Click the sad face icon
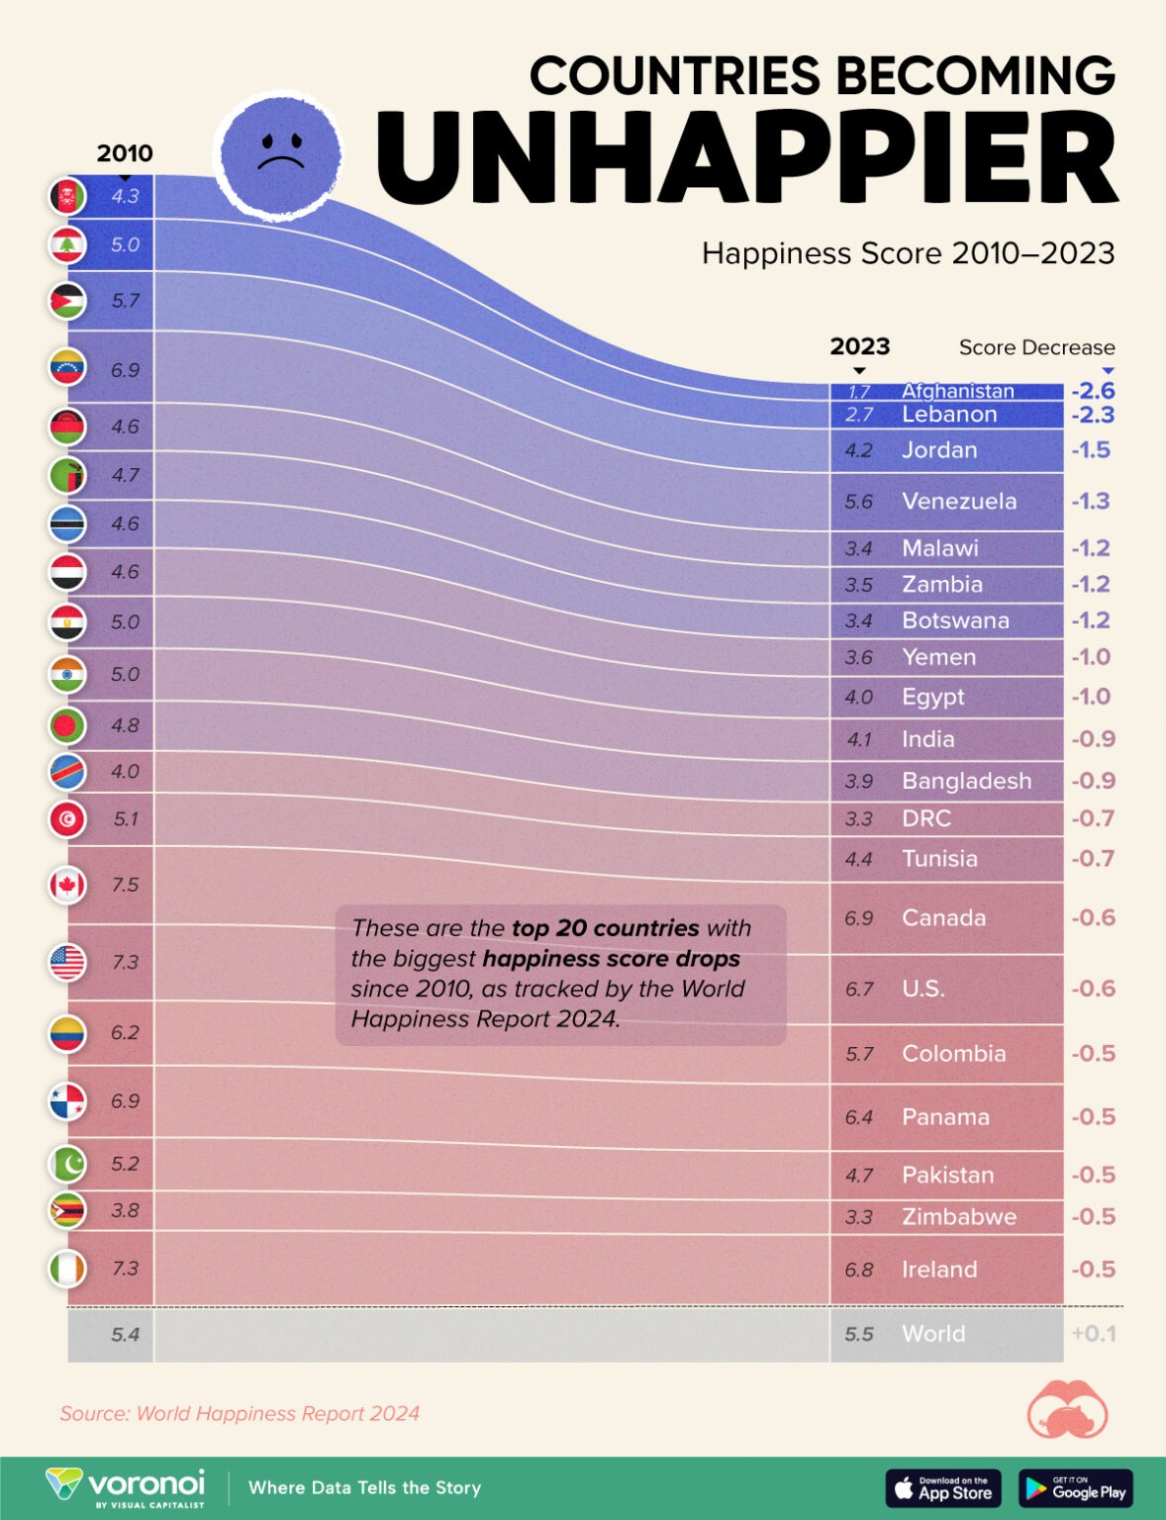[x=280, y=152]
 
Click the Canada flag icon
[x=67, y=885]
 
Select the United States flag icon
[x=67, y=962]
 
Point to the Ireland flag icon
[x=67, y=1269]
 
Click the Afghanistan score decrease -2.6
[x=1093, y=391]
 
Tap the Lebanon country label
[x=948, y=415]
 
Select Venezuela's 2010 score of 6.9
[x=125, y=370]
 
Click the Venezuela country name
[x=958, y=501]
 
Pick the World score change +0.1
[x=1093, y=1334]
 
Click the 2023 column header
[x=859, y=346]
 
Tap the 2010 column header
[x=125, y=153]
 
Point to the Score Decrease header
[x=1036, y=347]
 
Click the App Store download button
[x=943, y=1487]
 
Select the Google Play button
[x=1076, y=1487]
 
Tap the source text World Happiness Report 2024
[x=240, y=1413]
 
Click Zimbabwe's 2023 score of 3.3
[x=858, y=1217]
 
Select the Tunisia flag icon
[x=67, y=819]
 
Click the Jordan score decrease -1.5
[x=1091, y=450]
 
